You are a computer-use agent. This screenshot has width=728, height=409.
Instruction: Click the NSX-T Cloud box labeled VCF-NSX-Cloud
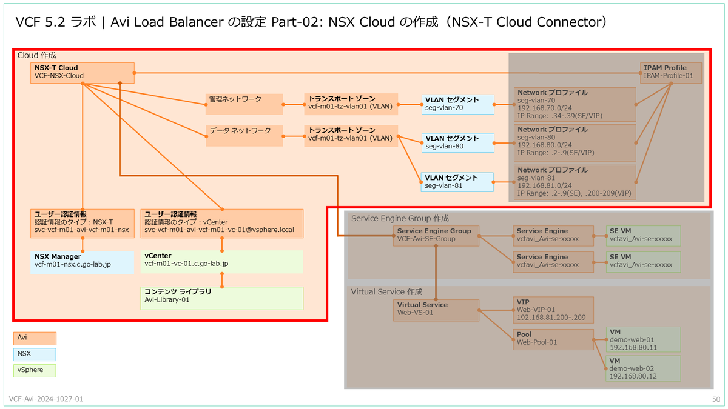pyautogui.click(x=82, y=72)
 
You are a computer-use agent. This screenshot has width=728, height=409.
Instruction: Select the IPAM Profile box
pyautogui.click(x=671, y=73)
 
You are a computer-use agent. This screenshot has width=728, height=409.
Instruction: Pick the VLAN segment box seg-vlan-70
pyautogui.click(x=457, y=104)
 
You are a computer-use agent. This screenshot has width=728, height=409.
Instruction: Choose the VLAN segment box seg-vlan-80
pyautogui.click(x=457, y=142)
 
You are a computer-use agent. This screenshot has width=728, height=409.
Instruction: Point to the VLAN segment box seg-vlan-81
pyautogui.click(x=457, y=182)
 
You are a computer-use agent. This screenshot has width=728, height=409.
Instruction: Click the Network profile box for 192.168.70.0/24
pyautogui.click(x=575, y=104)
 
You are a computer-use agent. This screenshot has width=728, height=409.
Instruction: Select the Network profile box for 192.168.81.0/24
pyautogui.click(x=575, y=182)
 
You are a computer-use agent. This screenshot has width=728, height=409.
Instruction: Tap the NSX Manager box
pyautogui.click(x=82, y=261)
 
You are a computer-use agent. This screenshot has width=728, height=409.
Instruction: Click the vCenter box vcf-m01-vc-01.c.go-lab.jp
pyautogui.click(x=221, y=261)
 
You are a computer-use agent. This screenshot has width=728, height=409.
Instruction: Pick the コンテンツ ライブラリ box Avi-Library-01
pyautogui.click(x=221, y=298)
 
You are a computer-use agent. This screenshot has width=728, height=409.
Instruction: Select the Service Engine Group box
pyautogui.click(x=436, y=235)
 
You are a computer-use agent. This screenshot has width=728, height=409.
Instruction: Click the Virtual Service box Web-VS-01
pyautogui.click(x=436, y=310)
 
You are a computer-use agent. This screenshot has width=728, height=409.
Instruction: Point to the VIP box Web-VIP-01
pyautogui.click(x=553, y=310)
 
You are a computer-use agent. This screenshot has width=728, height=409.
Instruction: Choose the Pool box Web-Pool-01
pyautogui.click(x=553, y=339)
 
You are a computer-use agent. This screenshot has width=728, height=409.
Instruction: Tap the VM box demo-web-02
pyautogui.click(x=643, y=368)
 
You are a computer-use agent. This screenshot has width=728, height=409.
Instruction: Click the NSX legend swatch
pyautogui.click(x=35, y=354)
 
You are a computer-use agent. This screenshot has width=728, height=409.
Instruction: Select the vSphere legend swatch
pyautogui.click(x=35, y=370)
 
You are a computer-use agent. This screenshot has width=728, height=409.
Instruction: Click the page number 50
pyautogui.click(x=716, y=399)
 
